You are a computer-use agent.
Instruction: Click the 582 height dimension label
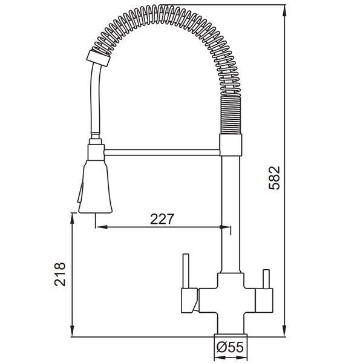(275, 178)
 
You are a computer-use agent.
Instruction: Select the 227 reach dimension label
(162, 219)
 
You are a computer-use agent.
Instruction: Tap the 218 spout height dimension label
(60, 274)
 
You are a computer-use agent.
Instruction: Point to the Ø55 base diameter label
(230, 347)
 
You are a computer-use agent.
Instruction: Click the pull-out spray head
(96, 186)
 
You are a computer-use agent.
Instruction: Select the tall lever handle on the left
(186, 271)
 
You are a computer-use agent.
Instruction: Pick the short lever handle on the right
(266, 279)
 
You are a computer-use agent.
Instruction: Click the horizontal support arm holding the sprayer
(162, 152)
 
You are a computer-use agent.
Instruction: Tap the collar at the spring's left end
(99, 58)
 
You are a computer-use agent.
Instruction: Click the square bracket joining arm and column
(231, 145)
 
